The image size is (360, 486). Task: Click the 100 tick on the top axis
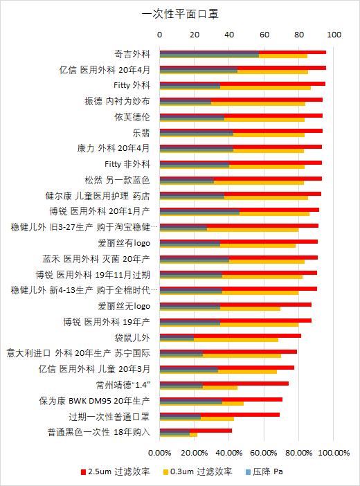coord(335,33)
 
